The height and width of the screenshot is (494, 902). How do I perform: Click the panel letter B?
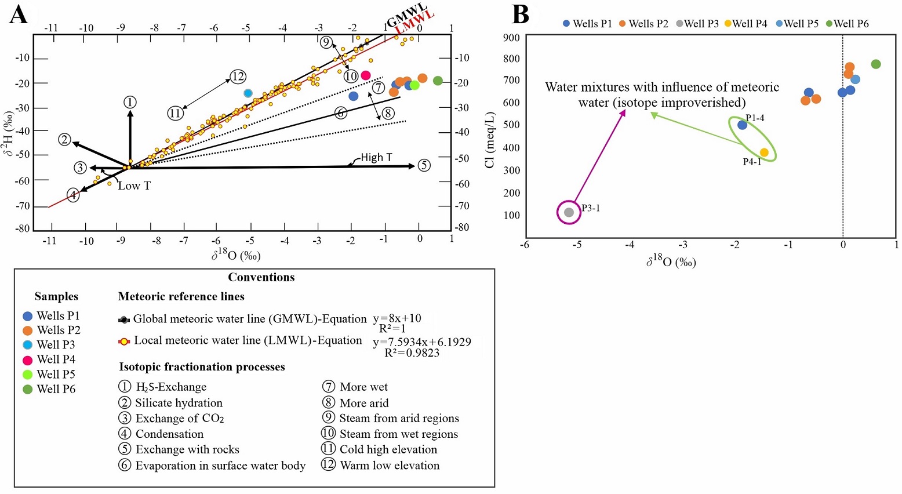pyautogui.click(x=520, y=14)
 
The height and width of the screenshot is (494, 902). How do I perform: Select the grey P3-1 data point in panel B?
pyautogui.click(x=569, y=212)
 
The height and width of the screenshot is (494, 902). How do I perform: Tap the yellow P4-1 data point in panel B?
pyautogui.click(x=764, y=152)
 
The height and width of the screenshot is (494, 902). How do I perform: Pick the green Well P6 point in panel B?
pyautogui.click(x=875, y=64)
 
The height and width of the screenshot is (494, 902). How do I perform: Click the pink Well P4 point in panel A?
pyautogui.click(x=366, y=75)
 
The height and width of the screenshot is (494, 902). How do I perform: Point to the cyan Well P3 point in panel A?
pyautogui.click(x=248, y=93)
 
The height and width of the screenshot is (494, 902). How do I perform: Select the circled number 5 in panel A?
pyautogui.click(x=424, y=166)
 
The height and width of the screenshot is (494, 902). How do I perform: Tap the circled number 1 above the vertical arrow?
pyautogui.click(x=130, y=103)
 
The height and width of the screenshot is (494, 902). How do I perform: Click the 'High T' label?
pyautogui.click(x=376, y=158)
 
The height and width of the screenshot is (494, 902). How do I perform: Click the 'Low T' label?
pyautogui.click(x=134, y=186)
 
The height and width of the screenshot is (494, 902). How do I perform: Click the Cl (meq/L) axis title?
pyautogui.click(x=490, y=139)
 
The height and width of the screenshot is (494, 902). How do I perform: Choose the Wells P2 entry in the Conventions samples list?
pyautogui.click(x=58, y=330)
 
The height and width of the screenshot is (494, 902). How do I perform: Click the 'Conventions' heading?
pyautogui.click(x=261, y=277)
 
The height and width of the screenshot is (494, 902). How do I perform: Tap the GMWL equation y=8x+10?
pyautogui.click(x=397, y=318)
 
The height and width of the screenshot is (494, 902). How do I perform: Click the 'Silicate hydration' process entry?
pyautogui.click(x=179, y=403)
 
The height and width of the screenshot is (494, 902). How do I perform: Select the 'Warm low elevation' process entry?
pyautogui.click(x=389, y=465)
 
